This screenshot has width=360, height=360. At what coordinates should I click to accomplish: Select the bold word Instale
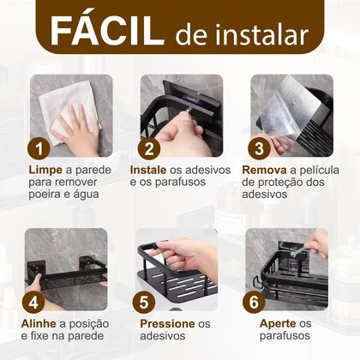click(159, 171)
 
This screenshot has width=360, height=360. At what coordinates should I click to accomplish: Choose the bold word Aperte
click(277, 324)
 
